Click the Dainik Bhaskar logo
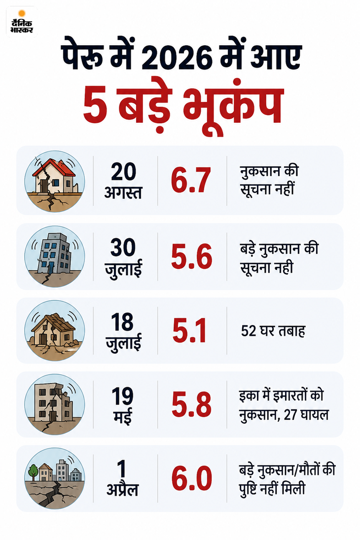22,22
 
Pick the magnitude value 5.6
191,256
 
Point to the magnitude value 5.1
189,330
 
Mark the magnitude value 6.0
191,478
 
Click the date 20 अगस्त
123,181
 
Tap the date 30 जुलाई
123,258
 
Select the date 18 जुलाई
123,332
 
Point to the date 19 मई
123,405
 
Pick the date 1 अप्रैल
122,479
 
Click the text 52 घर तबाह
273,331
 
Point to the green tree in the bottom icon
33,471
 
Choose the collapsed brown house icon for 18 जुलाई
53,330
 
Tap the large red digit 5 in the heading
95,107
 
